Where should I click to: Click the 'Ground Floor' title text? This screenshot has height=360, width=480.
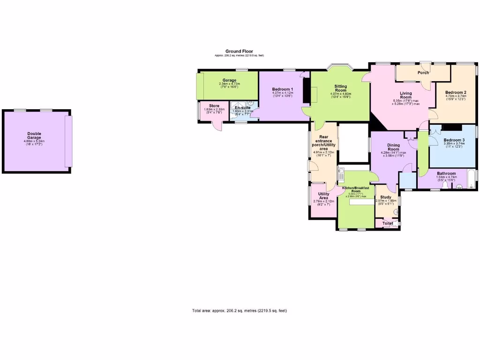point(239,51)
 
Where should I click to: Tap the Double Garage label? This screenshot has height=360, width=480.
point(34,135)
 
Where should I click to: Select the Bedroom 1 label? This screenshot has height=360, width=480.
point(283,89)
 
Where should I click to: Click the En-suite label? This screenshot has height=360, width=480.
point(243,108)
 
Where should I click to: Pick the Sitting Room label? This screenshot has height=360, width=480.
point(340,88)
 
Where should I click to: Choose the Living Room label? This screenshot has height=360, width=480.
point(402,95)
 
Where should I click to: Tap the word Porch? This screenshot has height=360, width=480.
point(423,73)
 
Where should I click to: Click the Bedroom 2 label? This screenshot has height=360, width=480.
point(455,92)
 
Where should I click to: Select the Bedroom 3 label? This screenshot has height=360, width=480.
point(454,140)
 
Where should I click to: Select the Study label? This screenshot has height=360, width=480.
point(386,197)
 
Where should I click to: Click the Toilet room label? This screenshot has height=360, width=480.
point(388,224)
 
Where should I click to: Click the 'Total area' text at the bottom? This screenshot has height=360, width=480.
point(239,311)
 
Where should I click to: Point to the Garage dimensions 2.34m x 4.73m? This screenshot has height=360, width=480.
point(229,84)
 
